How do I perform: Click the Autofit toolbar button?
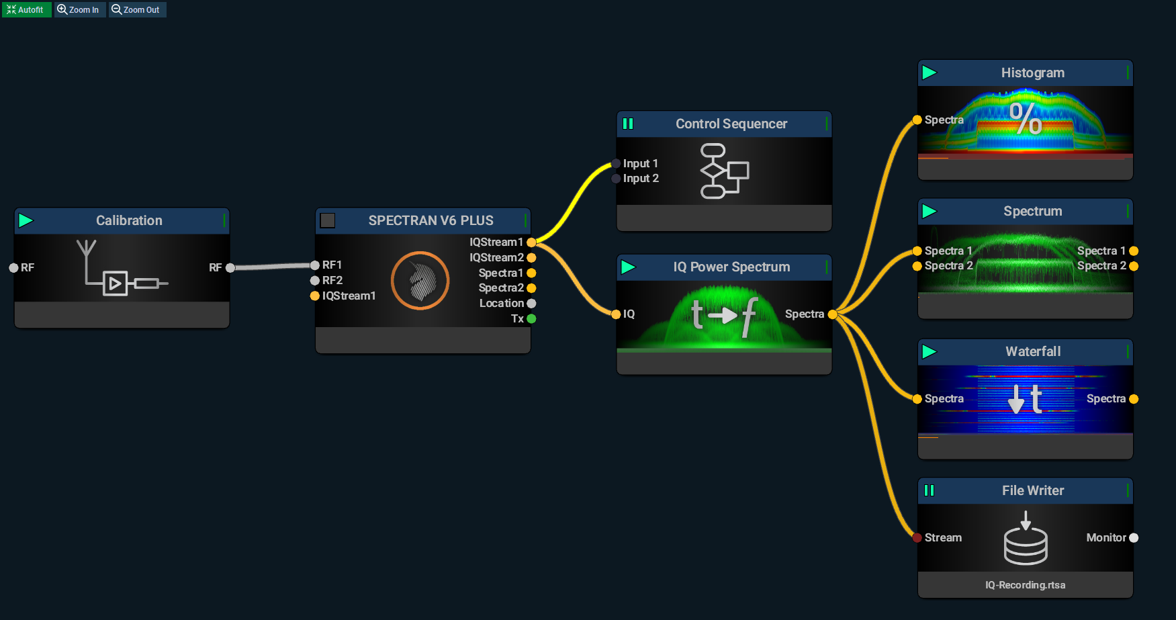(26, 9)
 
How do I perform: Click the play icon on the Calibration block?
(26, 220)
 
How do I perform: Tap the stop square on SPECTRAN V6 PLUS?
(328, 220)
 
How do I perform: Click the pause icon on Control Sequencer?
(628, 124)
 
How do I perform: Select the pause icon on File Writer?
(929, 490)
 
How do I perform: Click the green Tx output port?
(531, 319)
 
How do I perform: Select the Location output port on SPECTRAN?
(531, 304)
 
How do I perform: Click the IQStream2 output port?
(531, 257)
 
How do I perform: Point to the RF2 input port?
(314, 281)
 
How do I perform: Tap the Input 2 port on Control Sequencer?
(616, 179)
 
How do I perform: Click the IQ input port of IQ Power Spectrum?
(616, 314)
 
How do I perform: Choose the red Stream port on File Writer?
(917, 537)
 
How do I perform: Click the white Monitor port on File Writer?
(1134, 537)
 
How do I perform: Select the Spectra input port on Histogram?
(917, 120)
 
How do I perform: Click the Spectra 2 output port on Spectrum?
(1134, 266)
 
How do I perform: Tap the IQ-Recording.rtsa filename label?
(1025, 585)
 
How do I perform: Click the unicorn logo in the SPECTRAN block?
(420, 281)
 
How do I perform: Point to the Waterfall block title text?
(1033, 351)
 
